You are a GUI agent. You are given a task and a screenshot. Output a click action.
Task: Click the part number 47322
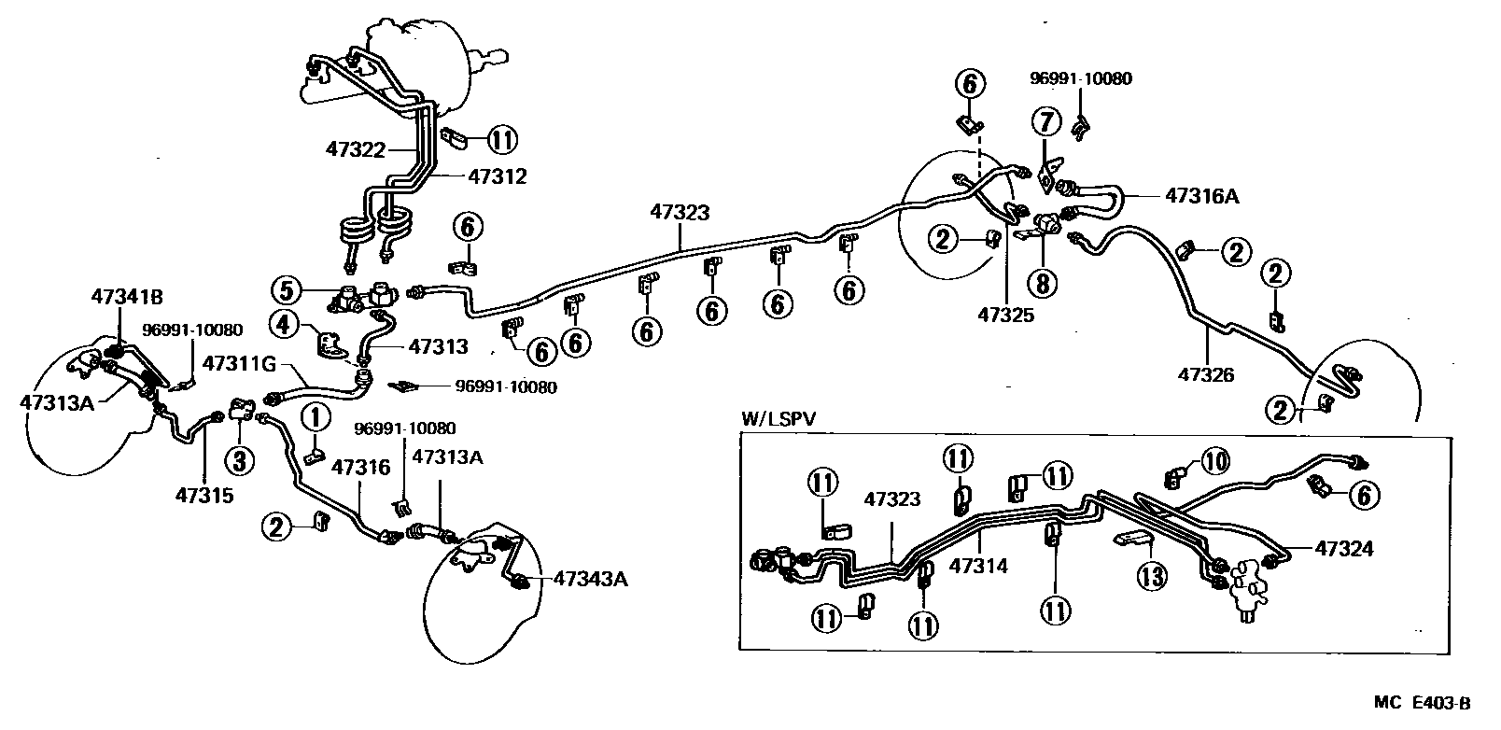355,148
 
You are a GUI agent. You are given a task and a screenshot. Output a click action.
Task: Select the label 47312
497,175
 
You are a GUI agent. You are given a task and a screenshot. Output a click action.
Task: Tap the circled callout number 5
287,289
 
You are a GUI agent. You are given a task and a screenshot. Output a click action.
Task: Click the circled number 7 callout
1046,122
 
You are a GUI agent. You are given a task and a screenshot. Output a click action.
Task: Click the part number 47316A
1202,195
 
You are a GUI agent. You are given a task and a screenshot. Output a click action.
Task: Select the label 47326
1206,375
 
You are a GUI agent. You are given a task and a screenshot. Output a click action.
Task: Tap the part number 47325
1006,316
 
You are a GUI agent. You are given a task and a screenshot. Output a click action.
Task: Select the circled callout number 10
1214,459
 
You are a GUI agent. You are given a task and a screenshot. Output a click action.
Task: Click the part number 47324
1344,549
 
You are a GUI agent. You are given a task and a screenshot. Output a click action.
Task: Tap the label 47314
979,566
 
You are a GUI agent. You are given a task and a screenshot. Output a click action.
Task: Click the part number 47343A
590,579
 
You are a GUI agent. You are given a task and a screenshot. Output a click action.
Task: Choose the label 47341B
127,297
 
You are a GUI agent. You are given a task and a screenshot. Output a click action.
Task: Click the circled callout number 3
238,459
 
